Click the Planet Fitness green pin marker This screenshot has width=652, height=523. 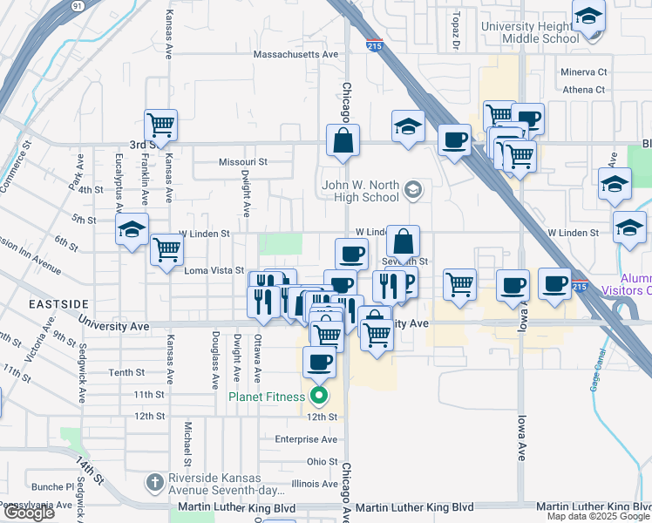click(x=319, y=397)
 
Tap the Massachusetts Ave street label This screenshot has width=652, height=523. click(x=295, y=54)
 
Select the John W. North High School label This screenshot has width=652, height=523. click(x=360, y=191)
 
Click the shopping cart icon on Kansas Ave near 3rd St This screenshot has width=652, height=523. click(x=160, y=126)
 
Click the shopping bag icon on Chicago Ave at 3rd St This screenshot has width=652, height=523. click(x=343, y=139)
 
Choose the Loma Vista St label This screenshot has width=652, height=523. click(x=214, y=271)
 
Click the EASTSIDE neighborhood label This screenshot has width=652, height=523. click(x=58, y=303)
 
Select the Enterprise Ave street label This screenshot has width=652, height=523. click(x=306, y=439)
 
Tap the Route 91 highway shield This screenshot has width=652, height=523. click(x=78, y=5)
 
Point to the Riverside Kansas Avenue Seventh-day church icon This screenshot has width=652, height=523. click(x=154, y=482)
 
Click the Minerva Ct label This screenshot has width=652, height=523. click(x=583, y=71)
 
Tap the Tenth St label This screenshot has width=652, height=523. click(x=126, y=373)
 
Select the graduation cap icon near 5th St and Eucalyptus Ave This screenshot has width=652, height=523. click(x=132, y=229)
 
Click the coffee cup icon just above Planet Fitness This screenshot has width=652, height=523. click(x=319, y=362)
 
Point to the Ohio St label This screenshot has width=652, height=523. click(x=322, y=461)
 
